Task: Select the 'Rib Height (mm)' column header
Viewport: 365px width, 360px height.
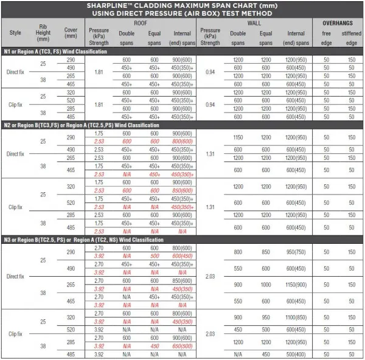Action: [x=42, y=33]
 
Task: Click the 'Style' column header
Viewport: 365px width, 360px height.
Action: [x=15, y=33]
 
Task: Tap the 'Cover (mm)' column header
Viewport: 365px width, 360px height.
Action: [x=70, y=33]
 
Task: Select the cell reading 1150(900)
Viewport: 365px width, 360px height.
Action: [x=296, y=285]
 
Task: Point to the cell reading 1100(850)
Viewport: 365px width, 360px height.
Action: [x=296, y=317]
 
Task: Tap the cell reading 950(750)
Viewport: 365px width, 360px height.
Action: [x=296, y=252]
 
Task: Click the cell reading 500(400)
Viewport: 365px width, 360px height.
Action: [x=296, y=354]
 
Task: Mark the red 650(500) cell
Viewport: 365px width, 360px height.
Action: [x=183, y=346]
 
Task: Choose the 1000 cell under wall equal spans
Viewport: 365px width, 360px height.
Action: [x=266, y=285]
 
